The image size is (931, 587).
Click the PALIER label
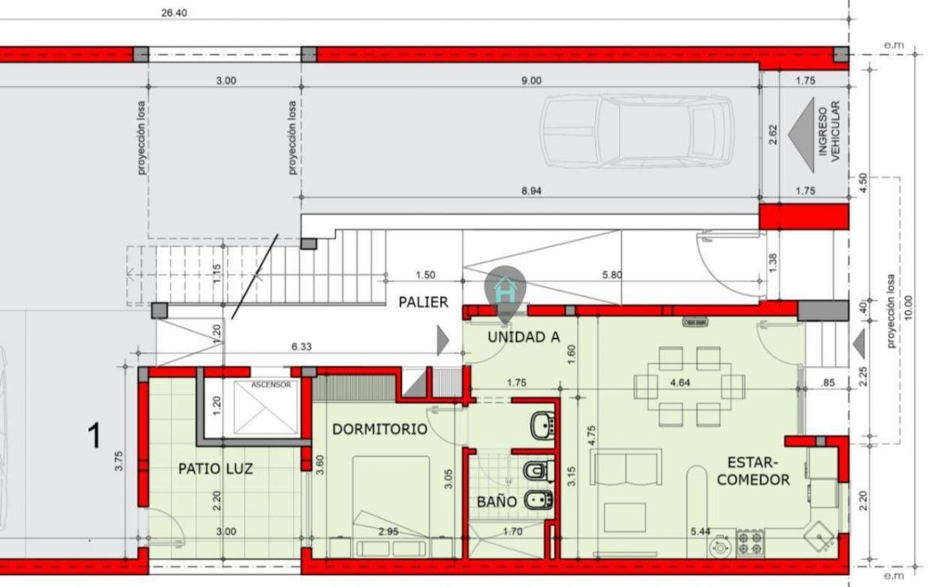(x=423, y=302)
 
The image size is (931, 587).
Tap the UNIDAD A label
(x=524, y=337)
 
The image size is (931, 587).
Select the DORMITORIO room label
(x=380, y=430)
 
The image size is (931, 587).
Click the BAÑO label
(x=497, y=502)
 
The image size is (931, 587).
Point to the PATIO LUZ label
(x=216, y=469)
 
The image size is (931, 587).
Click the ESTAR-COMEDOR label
(x=753, y=471)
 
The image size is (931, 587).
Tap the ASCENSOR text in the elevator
(x=271, y=385)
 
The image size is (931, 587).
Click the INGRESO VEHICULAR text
(x=829, y=132)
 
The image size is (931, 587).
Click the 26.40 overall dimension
(x=174, y=13)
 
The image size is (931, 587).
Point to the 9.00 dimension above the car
(x=532, y=80)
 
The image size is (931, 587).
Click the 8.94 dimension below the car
(x=532, y=191)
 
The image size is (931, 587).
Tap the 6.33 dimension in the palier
(x=302, y=347)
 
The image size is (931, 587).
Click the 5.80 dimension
(x=612, y=274)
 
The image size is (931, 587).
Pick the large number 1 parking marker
(x=95, y=436)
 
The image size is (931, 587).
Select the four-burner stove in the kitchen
(x=750, y=542)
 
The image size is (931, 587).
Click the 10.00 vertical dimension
(x=909, y=308)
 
